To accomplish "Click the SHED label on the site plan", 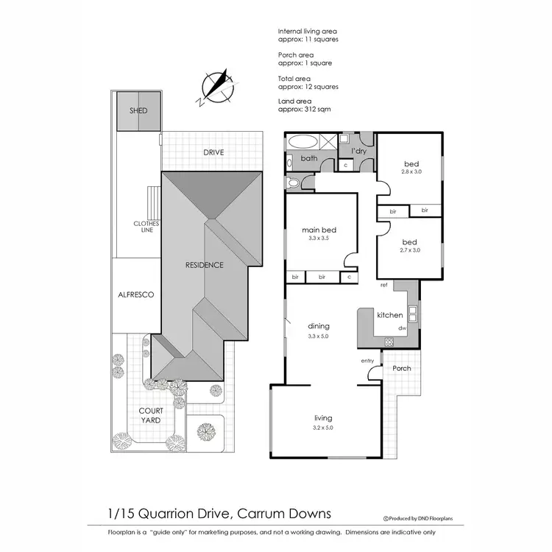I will (138, 111).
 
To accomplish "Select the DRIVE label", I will (213, 152).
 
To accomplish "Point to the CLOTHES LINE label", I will (142, 226).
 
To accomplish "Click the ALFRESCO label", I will (135, 294).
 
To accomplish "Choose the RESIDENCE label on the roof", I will (204, 265).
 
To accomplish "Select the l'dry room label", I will (358, 151).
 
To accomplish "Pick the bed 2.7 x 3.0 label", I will (409, 246).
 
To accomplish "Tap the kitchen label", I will (389, 315).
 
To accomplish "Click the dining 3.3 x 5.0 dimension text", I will (319, 336).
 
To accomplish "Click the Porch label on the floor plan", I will (401, 368).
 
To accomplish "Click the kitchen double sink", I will (412, 315).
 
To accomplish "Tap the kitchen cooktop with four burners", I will (389, 342).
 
